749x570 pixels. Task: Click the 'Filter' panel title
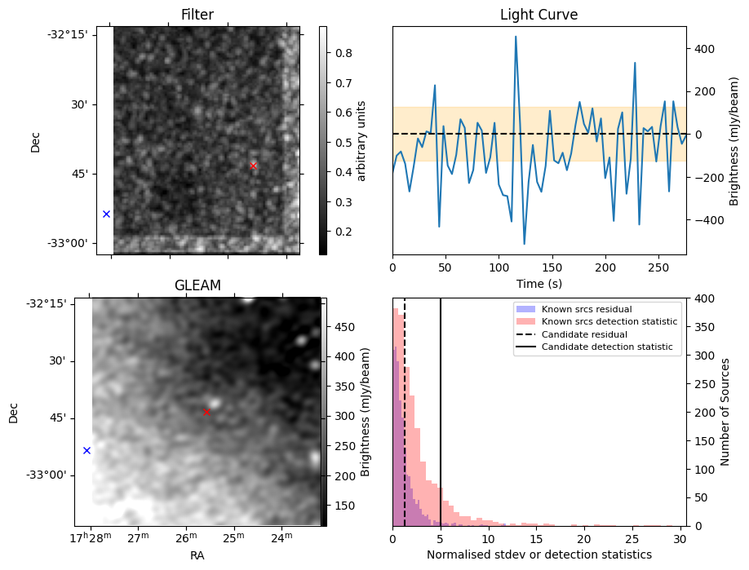[x=197, y=15]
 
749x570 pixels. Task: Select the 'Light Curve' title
[x=538, y=15]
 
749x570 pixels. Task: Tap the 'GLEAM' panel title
[x=197, y=285]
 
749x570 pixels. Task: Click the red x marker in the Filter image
[x=253, y=166]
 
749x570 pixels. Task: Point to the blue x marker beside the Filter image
[x=106, y=214]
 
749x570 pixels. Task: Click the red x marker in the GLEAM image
[x=206, y=412]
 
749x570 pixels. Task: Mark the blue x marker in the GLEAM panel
[x=86, y=450]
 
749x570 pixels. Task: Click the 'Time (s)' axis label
[x=538, y=283]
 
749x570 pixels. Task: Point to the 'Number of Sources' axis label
[x=725, y=412]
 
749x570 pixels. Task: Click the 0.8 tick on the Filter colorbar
[x=344, y=53]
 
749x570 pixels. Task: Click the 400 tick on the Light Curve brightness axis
[x=702, y=49]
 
